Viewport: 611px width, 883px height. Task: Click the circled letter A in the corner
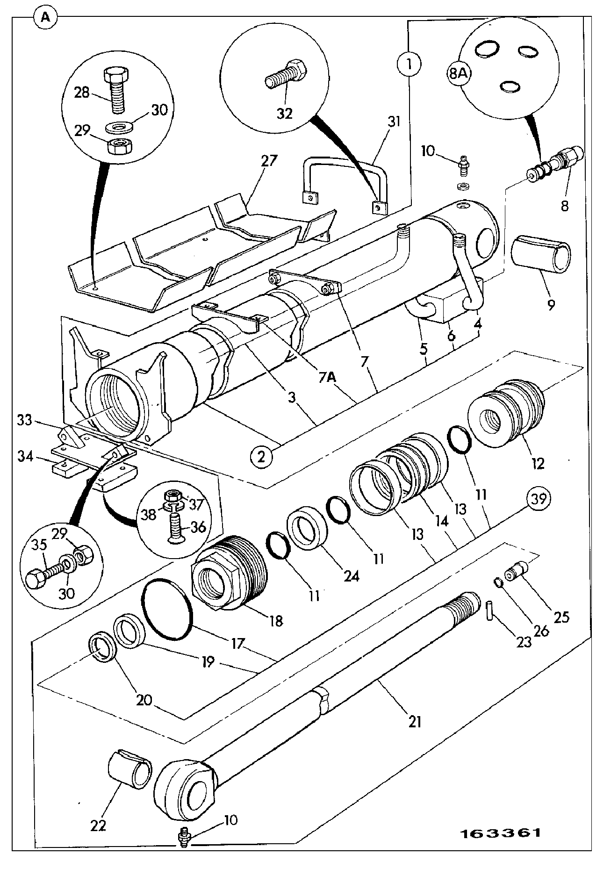45,17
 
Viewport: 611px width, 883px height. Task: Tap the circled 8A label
459,74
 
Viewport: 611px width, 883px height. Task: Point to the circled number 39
540,499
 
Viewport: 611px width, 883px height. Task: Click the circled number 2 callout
263,455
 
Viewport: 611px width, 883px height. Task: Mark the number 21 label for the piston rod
415,722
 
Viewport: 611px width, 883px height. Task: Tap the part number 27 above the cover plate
269,161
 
